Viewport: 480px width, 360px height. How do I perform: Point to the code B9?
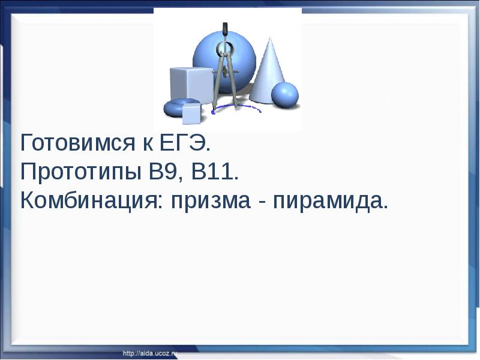tap(161, 172)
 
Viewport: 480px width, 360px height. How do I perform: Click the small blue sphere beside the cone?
tap(284, 95)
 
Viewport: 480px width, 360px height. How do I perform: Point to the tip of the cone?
tap(270, 39)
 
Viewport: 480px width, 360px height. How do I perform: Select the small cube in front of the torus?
tap(191, 113)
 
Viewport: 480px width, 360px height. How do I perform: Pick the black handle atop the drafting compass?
tap(225, 29)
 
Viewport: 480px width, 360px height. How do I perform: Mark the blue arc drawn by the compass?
tap(240, 109)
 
